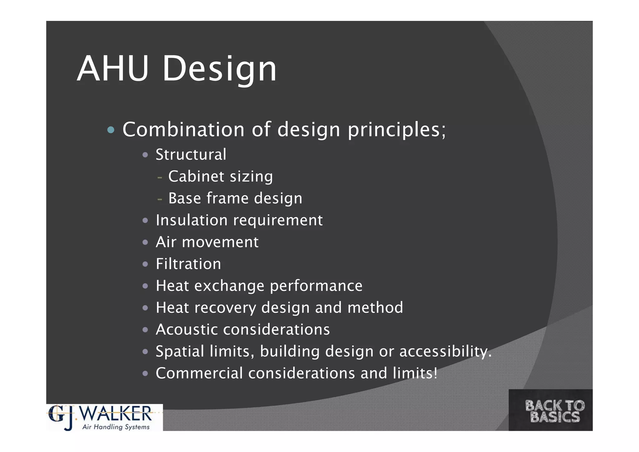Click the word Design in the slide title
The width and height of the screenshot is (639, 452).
pos(219,69)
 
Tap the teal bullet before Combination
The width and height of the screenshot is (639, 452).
pos(111,130)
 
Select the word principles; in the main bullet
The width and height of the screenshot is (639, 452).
pos(397,130)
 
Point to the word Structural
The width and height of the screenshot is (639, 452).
pos(191,155)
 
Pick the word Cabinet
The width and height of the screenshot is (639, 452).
pos(196,176)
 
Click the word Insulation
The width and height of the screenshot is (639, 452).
pos(192,220)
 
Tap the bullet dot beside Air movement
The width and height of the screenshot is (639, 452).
pos(145,242)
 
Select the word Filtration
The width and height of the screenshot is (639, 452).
pos(188,264)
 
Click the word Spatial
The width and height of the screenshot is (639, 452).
pos(180,351)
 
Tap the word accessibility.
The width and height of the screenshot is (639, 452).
pos(445,352)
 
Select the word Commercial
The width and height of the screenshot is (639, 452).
pos(199,373)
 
